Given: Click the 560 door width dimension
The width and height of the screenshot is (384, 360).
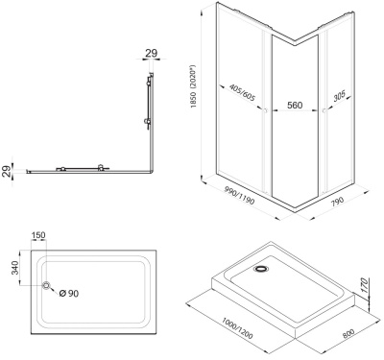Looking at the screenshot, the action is [x=295, y=105].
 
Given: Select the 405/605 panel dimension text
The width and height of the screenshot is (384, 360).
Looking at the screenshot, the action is [x=242, y=93].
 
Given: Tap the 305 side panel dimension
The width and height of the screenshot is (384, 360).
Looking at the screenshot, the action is [x=339, y=96].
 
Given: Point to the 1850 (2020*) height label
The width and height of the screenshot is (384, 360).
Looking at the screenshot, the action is [x=193, y=87].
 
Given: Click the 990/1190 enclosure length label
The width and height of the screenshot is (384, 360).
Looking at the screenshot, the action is [x=239, y=196].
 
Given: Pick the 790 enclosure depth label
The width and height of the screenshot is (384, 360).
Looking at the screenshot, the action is [x=337, y=202].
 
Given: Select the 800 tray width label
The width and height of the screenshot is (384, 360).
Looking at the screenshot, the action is [x=348, y=333].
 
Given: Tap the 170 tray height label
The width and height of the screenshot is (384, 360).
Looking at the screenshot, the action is [x=365, y=285].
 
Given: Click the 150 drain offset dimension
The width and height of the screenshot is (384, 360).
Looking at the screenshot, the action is [x=38, y=235].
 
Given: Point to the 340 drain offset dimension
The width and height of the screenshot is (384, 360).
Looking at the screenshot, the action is [x=14, y=268].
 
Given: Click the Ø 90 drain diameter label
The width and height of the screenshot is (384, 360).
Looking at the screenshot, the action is [x=69, y=293].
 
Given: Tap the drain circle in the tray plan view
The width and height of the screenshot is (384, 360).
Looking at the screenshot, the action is [x=47, y=285].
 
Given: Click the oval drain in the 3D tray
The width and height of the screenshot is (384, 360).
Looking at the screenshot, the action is [x=262, y=269].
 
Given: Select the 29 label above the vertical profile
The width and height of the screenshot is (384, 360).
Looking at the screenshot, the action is [x=152, y=53].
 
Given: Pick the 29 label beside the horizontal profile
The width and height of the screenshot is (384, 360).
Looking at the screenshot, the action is [x=7, y=171].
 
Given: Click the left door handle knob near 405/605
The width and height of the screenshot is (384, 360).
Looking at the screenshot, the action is [x=265, y=110].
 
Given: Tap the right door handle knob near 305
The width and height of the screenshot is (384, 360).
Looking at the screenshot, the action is [x=324, y=110].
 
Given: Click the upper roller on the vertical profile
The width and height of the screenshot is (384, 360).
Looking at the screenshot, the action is [x=148, y=84].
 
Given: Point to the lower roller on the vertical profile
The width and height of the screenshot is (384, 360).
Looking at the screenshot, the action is [x=148, y=121].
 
